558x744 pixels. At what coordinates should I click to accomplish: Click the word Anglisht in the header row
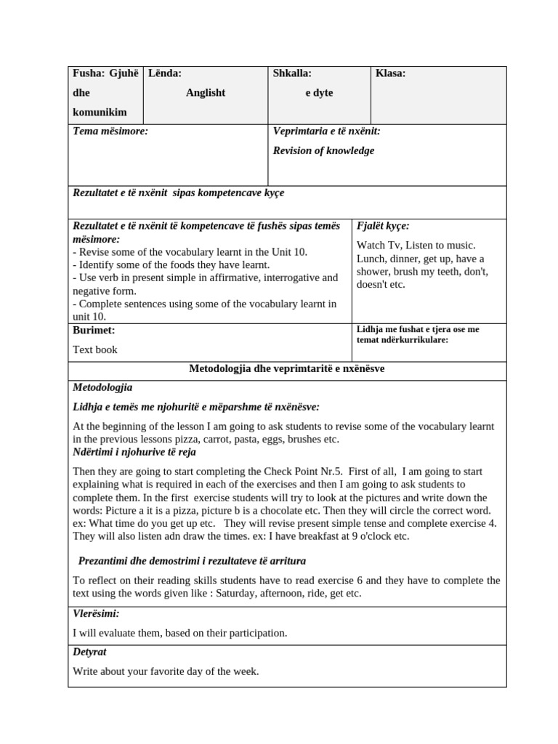coord(206,93)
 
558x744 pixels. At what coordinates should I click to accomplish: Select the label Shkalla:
coord(292,73)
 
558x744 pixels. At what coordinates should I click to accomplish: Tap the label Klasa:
coord(390,73)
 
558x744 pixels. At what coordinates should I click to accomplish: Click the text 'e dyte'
coord(319,93)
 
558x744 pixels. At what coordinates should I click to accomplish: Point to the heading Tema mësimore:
coord(110,132)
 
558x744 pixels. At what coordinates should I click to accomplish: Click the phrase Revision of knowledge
coord(323,151)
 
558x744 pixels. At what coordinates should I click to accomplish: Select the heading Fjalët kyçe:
coord(383,226)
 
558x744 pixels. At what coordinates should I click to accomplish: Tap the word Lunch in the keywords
coord(371,259)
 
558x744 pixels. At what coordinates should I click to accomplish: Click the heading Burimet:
coord(94,331)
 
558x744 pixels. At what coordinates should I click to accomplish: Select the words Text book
coord(94,349)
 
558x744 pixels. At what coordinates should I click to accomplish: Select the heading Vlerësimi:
coord(96,614)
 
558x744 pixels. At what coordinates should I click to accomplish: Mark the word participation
coord(252,633)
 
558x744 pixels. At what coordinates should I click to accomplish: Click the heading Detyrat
coord(89,652)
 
